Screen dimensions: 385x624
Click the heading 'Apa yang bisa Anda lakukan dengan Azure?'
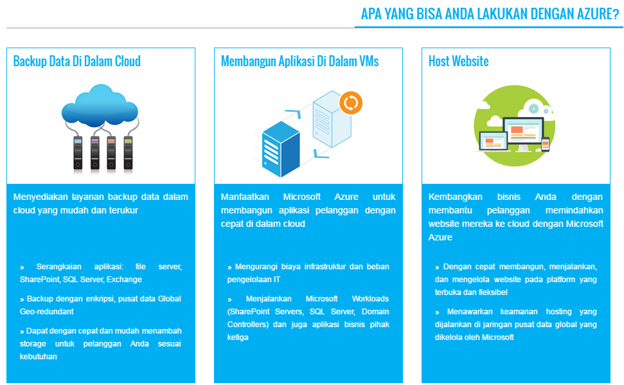point(490,14)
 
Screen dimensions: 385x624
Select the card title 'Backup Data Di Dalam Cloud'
point(76,62)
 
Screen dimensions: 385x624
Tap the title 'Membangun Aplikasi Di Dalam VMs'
point(299,62)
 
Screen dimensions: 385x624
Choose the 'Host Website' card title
point(458,62)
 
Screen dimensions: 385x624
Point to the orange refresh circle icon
point(351,102)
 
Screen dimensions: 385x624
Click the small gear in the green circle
point(533,109)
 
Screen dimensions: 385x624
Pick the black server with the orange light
point(111,153)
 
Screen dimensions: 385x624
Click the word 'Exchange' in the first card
point(124,280)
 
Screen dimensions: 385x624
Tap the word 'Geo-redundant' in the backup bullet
point(46,312)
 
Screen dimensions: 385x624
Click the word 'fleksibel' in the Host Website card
point(493,292)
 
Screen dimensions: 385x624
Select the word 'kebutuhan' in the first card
point(39,357)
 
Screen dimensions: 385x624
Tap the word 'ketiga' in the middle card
point(238,337)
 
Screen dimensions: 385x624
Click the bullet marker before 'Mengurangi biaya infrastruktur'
point(229,267)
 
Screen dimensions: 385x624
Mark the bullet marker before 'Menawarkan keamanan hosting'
point(437,312)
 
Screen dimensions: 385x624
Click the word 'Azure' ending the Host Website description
point(441,237)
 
